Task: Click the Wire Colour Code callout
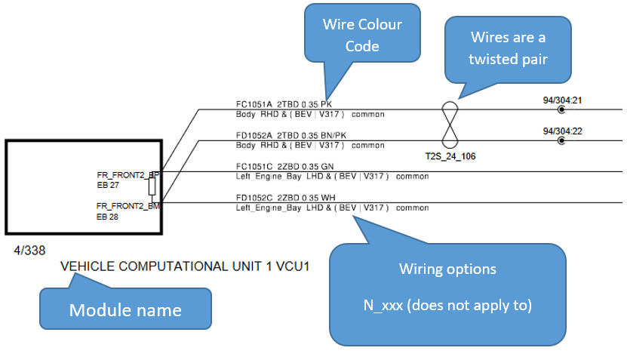click(x=363, y=35)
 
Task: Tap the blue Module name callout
click(x=125, y=310)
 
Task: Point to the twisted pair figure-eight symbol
click(x=449, y=125)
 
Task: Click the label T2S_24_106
click(x=450, y=157)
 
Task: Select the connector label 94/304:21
click(x=562, y=99)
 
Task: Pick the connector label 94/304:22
click(x=562, y=131)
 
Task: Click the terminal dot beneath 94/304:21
click(x=561, y=110)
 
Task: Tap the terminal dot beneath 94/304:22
click(x=561, y=141)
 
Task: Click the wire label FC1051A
click(x=254, y=104)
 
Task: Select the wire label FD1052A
click(x=254, y=135)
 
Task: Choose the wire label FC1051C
click(x=254, y=166)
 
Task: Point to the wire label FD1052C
click(x=254, y=198)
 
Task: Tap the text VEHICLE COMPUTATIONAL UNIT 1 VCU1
click(x=185, y=266)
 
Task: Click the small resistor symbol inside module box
click(x=152, y=186)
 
